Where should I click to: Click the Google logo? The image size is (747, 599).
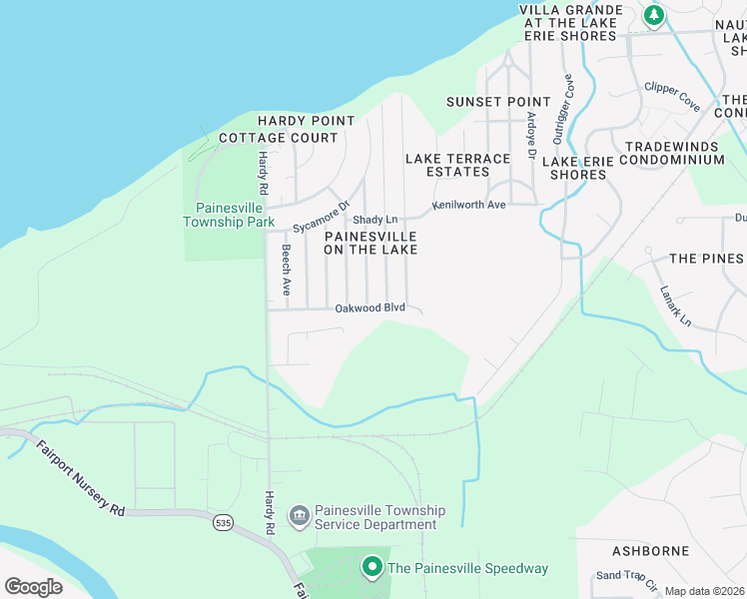[34, 586]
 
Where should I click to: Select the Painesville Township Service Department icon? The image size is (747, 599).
[299, 516]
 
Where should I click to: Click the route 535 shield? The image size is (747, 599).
[224, 521]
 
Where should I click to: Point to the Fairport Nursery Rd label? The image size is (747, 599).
[81, 480]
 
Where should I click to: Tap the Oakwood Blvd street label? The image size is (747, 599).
[370, 307]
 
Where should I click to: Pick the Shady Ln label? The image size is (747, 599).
[375, 220]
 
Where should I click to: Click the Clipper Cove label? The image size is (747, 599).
[672, 95]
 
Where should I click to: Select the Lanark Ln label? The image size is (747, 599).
[675, 306]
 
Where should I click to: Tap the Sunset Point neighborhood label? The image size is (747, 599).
[498, 102]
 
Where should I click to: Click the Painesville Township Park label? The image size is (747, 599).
[228, 214]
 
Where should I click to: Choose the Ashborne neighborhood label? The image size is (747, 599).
[650, 551]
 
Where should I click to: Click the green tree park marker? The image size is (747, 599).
[653, 15]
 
